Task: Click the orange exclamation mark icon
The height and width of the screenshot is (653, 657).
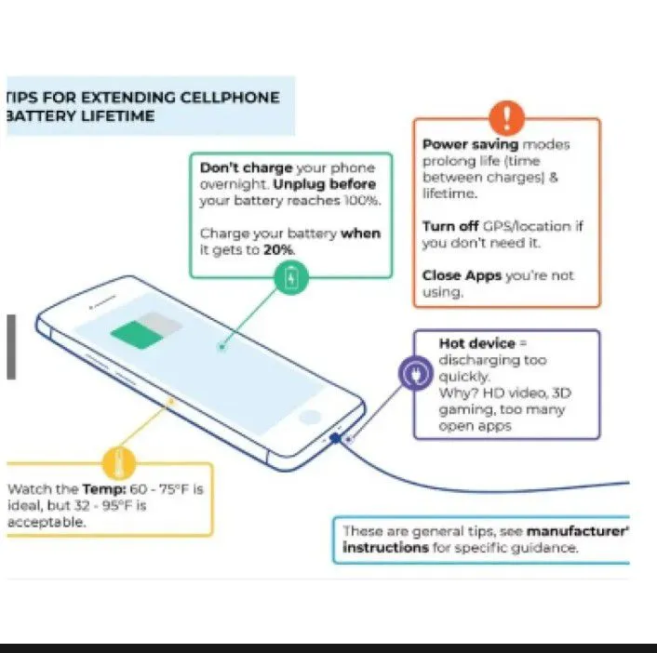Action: (x=507, y=118)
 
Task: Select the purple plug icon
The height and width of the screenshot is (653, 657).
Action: (x=414, y=373)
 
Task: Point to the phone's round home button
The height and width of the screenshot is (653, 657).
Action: (x=310, y=416)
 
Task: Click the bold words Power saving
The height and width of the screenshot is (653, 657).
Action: (x=470, y=145)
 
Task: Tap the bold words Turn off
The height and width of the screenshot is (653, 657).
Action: (x=450, y=226)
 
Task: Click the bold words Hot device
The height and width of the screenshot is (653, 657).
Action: (x=476, y=343)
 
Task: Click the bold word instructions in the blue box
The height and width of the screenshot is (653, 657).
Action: (x=385, y=548)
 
